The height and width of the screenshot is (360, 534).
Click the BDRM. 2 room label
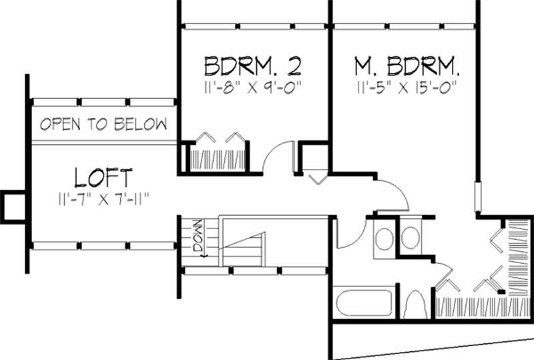[253, 67]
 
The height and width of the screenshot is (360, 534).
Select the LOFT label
[103, 178]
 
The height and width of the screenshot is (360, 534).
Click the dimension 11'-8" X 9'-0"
[253, 86]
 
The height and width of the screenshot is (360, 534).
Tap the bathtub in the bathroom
[364, 305]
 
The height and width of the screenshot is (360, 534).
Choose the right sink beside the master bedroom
[411, 238]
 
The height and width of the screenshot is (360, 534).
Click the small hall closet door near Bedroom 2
[317, 178]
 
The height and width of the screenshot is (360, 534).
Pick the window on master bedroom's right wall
[478, 198]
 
